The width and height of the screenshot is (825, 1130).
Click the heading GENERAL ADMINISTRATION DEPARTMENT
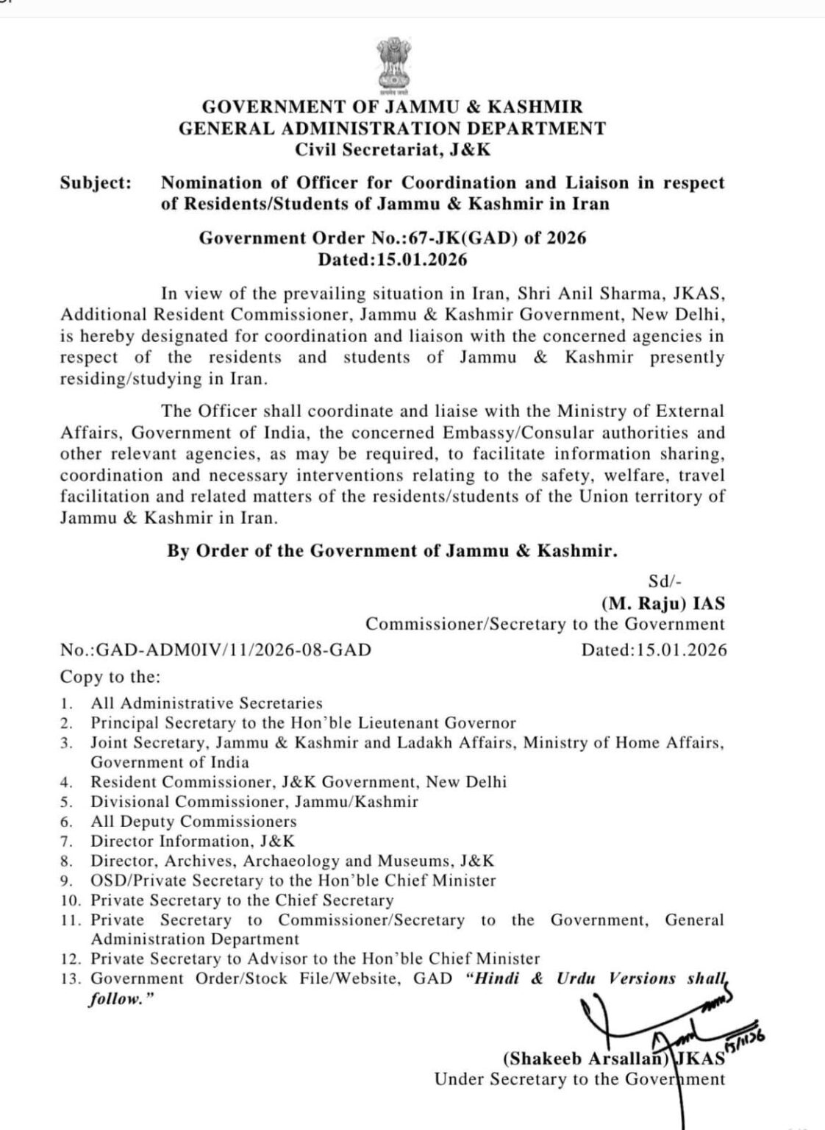[x=392, y=129]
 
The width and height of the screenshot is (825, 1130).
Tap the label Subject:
[x=96, y=182]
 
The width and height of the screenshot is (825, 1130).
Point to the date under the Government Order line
[x=392, y=260]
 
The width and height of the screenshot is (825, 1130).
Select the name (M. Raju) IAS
[x=662, y=603]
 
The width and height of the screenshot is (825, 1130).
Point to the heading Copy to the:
[x=110, y=676]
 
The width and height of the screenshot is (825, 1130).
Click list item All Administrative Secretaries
[x=207, y=703]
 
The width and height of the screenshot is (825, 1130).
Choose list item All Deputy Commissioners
[x=193, y=821]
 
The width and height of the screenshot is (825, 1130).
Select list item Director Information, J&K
[x=193, y=841]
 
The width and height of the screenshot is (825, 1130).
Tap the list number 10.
[x=70, y=900]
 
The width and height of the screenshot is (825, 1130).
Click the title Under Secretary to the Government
[x=579, y=1079]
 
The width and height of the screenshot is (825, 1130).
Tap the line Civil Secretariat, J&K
[x=392, y=150]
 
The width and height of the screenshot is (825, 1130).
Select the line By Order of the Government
[x=392, y=551]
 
